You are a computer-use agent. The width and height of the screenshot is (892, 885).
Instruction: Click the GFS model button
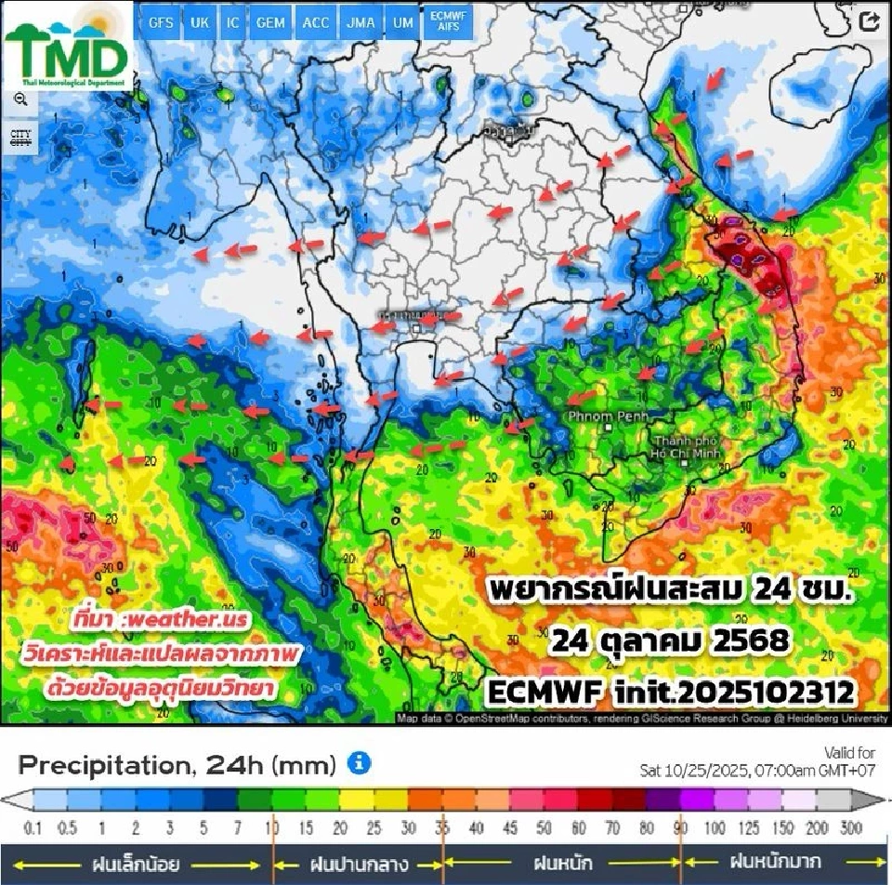point(161,23)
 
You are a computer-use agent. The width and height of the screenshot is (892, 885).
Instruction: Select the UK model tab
point(199,23)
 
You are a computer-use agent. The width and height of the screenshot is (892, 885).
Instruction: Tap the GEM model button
point(270,23)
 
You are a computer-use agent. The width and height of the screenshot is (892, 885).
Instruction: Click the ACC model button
point(316,23)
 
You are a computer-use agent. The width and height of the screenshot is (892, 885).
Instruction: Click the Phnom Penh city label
point(609,416)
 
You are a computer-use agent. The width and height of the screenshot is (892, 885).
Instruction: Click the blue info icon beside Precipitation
point(359,764)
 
